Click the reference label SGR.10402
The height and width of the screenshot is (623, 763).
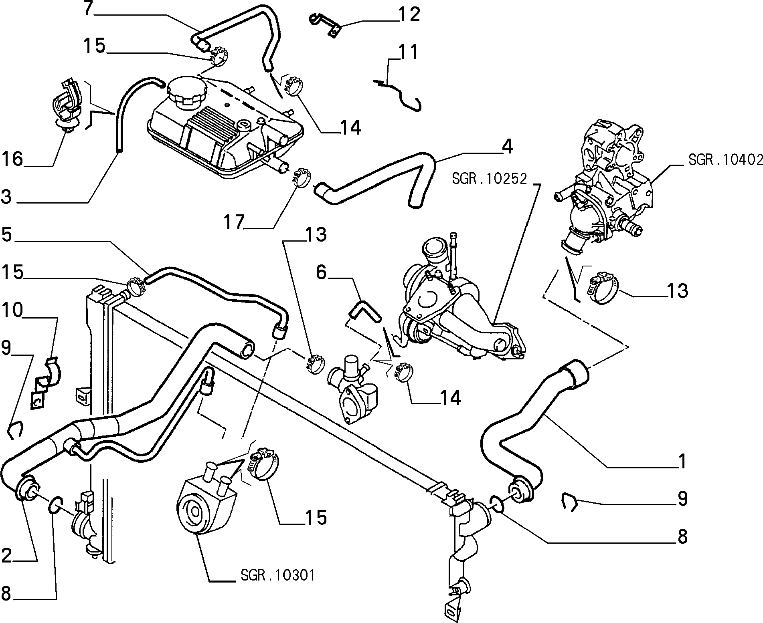pos(725,160)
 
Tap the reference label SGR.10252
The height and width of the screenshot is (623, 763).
pos(489,179)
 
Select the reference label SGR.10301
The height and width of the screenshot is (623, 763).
pos(277,576)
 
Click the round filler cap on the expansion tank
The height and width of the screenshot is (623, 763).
pos(186,91)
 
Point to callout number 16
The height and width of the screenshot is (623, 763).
pos(12,159)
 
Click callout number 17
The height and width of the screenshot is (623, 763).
pos(234,222)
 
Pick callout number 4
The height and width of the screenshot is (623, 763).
pos(507,147)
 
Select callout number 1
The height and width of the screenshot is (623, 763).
pos(680,461)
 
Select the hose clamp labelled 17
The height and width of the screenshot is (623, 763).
pos(301,178)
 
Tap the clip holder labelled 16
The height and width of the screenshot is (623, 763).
pos(67,106)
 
